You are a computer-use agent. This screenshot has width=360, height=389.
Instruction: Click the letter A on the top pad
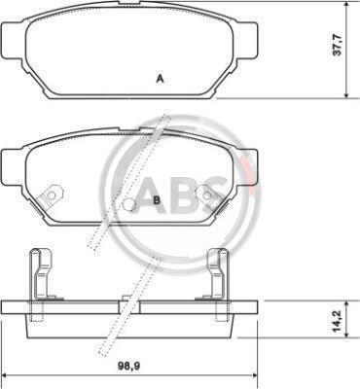[x=160, y=79]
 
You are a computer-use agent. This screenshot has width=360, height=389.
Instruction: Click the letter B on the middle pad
[x=157, y=200]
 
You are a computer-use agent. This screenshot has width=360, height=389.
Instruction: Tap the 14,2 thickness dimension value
[x=338, y=322]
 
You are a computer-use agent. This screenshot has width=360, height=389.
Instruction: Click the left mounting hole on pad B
[x=52, y=195]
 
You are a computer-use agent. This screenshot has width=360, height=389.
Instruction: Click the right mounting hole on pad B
[x=207, y=194]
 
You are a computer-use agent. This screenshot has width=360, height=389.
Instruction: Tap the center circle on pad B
[x=129, y=204]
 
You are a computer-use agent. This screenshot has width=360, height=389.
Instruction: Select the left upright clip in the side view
[x=40, y=274]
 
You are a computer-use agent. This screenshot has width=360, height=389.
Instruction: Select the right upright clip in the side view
[x=218, y=274]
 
